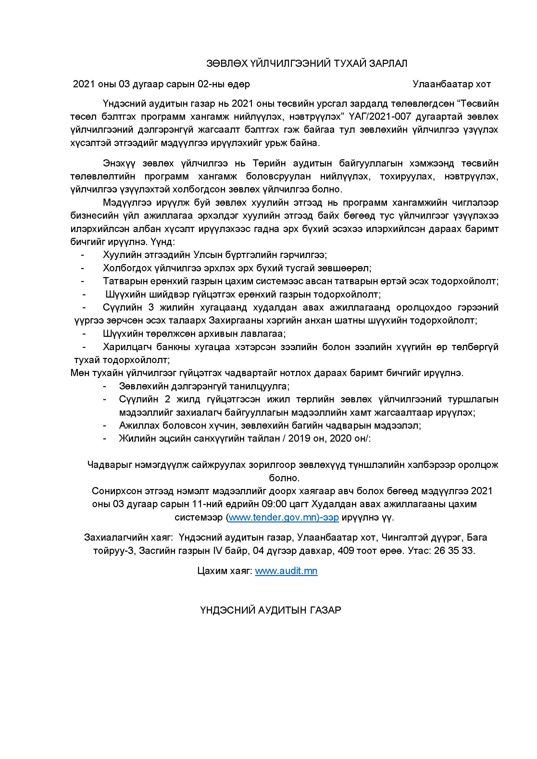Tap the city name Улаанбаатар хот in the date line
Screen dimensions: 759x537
452,84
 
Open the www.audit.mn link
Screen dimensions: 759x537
286,571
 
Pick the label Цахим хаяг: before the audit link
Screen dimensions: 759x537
225,571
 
